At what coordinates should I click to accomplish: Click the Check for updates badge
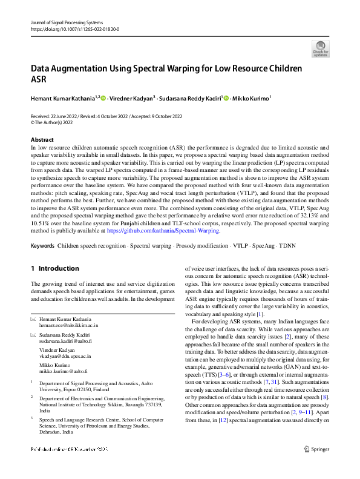tap(320, 48)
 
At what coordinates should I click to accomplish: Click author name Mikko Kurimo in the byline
tap(252, 98)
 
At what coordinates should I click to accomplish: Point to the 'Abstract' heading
tap(41, 139)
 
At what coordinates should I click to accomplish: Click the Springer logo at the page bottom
tap(316, 466)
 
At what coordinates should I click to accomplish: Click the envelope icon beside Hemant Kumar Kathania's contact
tap(33, 319)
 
